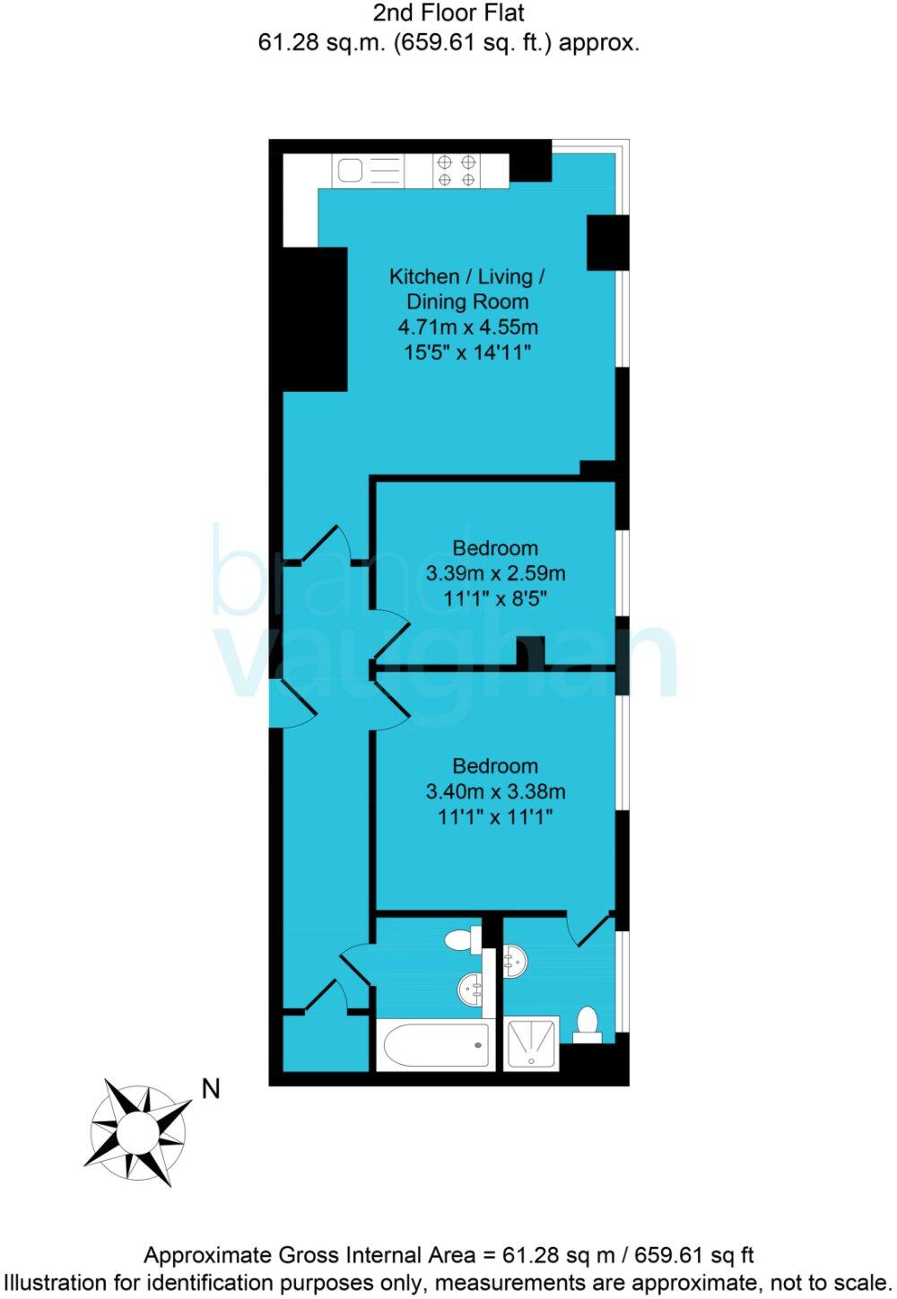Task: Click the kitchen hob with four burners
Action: (x=456, y=170)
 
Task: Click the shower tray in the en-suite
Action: (x=531, y=1043)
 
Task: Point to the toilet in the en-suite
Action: (x=588, y=1024)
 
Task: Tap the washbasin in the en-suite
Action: (x=515, y=963)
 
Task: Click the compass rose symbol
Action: (x=139, y=1132)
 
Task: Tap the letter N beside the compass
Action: (x=211, y=1089)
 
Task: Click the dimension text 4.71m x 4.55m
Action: (x=467, y=327)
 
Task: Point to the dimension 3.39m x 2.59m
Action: (x=495, y=573)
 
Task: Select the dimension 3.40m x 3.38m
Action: (x=495, y=791)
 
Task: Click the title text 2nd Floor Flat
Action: (x=448, y=13)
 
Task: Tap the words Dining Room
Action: (x=467, y=302)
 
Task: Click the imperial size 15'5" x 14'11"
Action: (x=467, y=353)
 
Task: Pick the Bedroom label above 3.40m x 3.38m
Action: (x=495, y=766)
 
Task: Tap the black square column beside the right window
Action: (x=606, y=242)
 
